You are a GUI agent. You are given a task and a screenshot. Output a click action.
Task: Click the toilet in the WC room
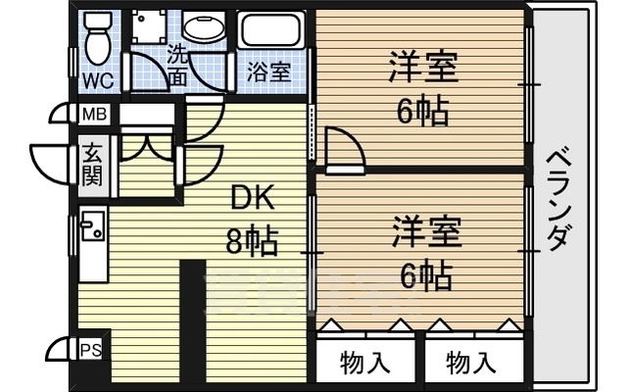coord(97,37)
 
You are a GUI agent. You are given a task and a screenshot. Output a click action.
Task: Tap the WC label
coord(97,78)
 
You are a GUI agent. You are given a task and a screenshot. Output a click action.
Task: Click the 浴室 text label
coord(267,72)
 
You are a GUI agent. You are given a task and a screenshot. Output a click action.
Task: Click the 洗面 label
coord(177,67)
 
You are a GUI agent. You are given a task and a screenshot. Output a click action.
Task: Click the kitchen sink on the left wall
coord(92,229)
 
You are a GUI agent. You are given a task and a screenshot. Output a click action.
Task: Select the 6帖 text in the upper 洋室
coord(422,112)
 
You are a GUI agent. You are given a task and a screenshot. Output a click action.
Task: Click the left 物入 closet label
coord(365,363)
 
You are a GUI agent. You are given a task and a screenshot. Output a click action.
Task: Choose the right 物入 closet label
coord(471,363)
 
